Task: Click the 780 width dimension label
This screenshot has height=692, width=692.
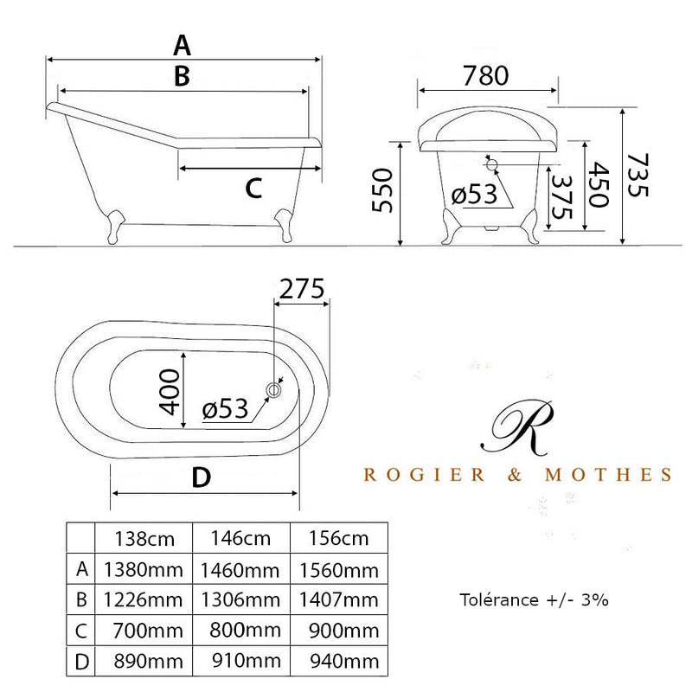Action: (x=485, y=75)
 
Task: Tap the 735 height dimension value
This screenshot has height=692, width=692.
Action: (x=638, y=176)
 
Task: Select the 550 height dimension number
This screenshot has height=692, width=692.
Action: (x=382, y=190)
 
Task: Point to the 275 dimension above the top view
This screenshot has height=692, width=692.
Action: (x=302, y=289)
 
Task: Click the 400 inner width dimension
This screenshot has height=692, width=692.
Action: (x=170, y=393)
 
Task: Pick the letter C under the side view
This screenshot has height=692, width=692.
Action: (x=253, y=189)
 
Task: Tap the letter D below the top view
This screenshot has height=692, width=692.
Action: (x=202, y=477)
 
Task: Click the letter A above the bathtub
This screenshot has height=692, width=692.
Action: (x=182, y=46)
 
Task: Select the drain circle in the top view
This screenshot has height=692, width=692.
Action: (x=273, y=390)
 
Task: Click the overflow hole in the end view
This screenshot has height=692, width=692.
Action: (x=491, y=164)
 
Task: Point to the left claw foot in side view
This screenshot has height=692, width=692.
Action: (x=114, y=227)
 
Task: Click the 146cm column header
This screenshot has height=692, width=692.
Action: (x=241, y=538)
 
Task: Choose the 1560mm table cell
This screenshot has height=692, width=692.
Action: (x=339, y=571)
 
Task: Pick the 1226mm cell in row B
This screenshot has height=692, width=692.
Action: (x=143, y=600)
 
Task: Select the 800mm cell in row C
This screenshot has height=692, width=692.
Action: (x=246, y=631)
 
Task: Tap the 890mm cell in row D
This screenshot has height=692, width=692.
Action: (x=148, y=662)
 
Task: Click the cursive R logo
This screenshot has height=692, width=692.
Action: (x=517, y=427)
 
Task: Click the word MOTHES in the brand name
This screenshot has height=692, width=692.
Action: (x=609, y=475)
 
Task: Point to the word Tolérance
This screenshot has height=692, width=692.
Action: (x=499, y=600)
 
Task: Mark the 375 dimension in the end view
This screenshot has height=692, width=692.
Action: (x=561, y=197)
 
